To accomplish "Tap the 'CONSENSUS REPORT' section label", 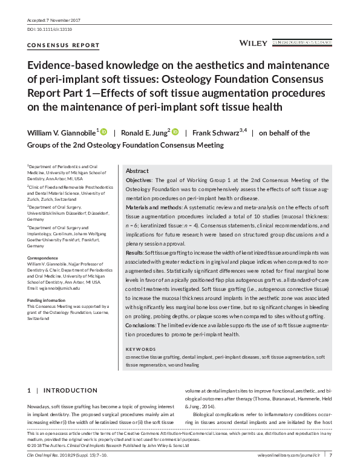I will click(x=56, y=46).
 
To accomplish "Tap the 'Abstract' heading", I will click(x=137, y=171).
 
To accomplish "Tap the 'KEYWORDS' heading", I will click(x=140, y=350).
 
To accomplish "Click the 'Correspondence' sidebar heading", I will click(x=42, y=258).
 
